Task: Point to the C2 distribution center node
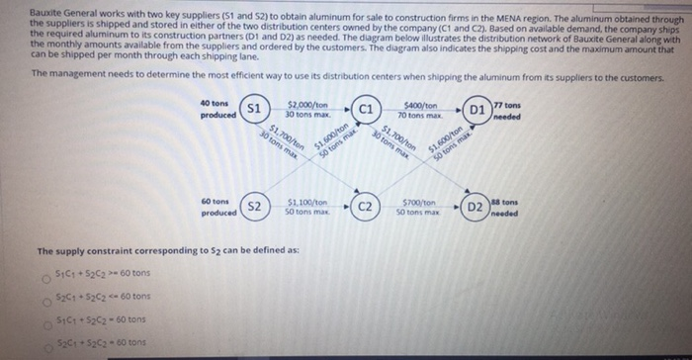click(364, 206)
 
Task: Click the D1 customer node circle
click(476, 107)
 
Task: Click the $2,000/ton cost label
click(308, 104)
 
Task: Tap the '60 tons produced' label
click(217, 206)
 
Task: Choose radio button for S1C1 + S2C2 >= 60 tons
click(44, 274)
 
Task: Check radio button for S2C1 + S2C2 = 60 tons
click(44, 342)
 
